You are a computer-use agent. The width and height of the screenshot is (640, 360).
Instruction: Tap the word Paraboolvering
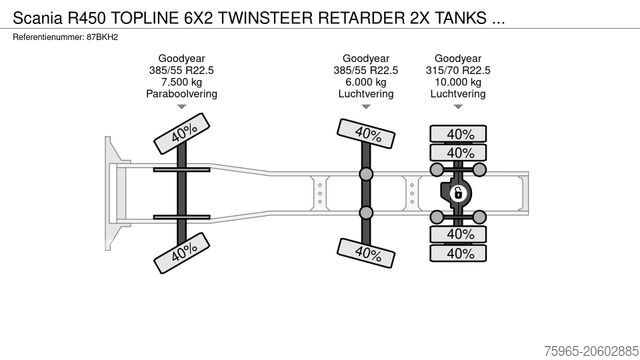coord(182,93)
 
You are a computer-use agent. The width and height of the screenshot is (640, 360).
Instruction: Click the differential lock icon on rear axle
coord(459,193)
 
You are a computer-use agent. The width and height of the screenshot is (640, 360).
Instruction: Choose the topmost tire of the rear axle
coord(459,134)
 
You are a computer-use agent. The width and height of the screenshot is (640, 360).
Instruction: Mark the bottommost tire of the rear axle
coord(459,253)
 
